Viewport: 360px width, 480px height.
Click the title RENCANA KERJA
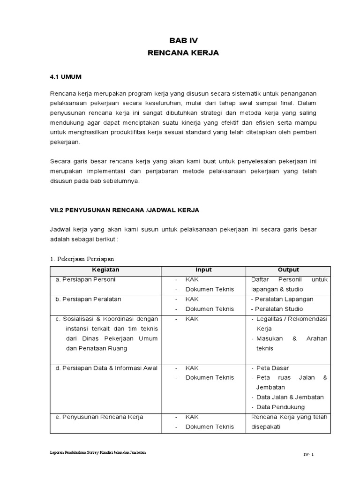[x=183, y=53]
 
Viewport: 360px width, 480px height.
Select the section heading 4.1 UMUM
[x=66, y=76]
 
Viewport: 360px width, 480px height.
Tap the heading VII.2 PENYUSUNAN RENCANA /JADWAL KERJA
[x=124, y=210]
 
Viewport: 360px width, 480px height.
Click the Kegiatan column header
[x=106, y=270]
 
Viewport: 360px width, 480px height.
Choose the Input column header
[x=203, y=270]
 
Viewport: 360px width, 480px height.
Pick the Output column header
[x=288, y=270]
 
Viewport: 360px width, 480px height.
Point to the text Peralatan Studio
[x=277, y=309]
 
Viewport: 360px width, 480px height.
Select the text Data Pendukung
[x=280, y=407]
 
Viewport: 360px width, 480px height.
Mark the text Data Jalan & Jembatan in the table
[x=290, y=397]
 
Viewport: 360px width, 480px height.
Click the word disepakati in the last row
[x=266, y=427]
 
